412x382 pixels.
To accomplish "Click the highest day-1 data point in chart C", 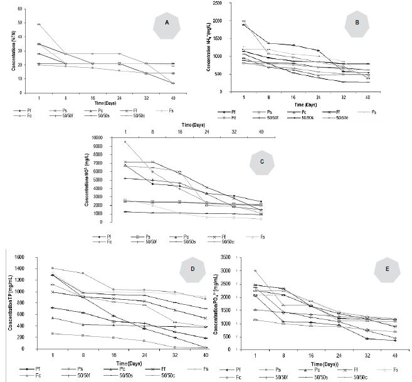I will tap(125, 142).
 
